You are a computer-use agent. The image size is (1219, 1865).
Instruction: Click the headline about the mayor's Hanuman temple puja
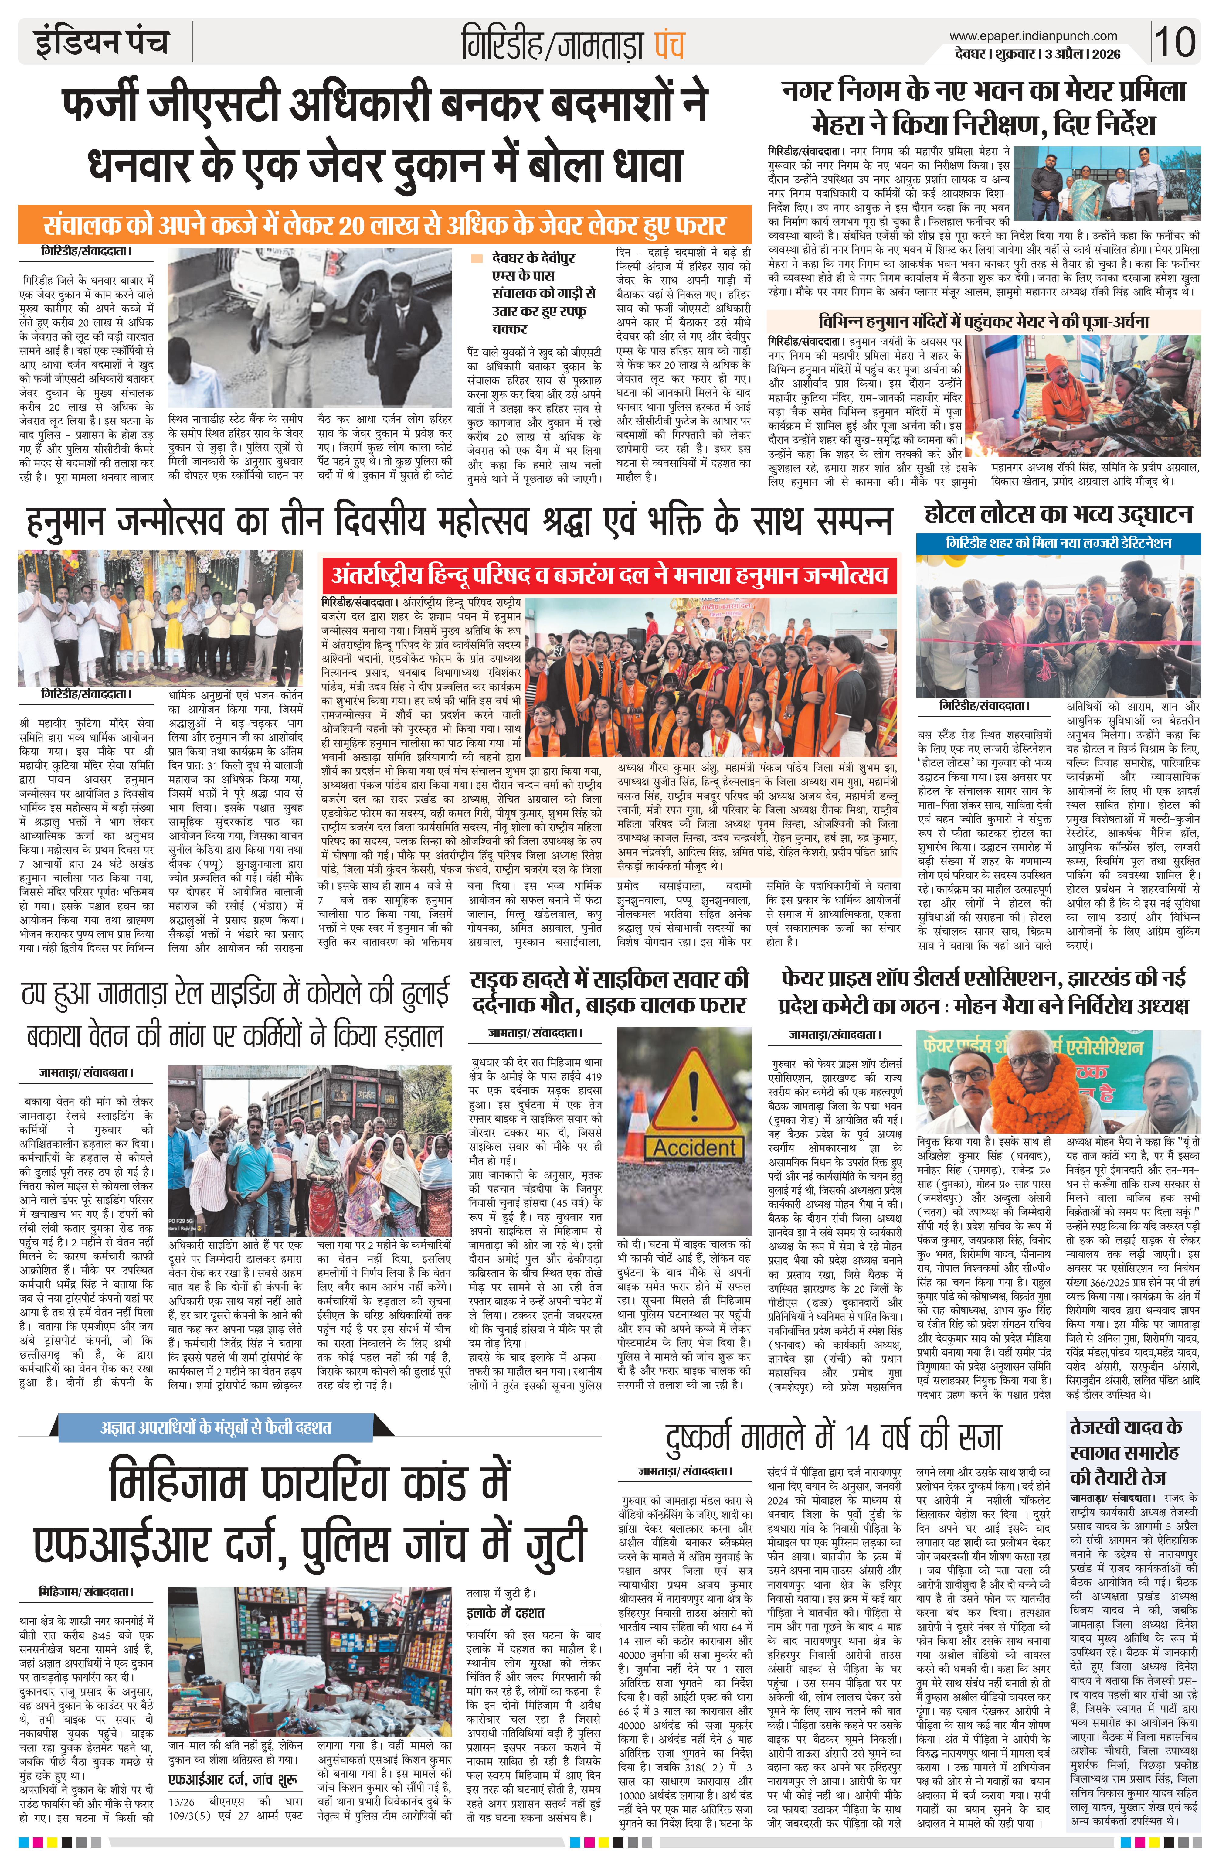point(983,321)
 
